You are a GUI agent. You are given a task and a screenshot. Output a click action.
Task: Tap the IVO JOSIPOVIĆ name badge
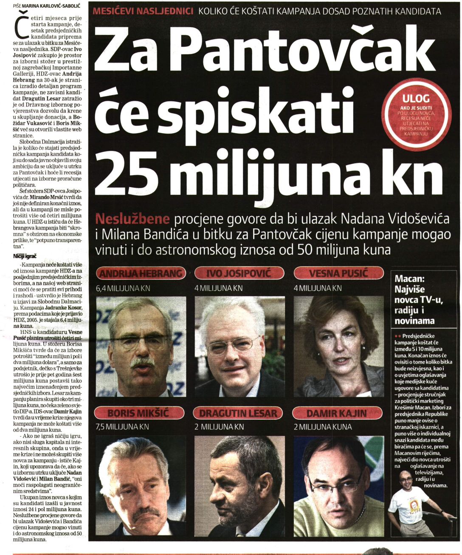238,273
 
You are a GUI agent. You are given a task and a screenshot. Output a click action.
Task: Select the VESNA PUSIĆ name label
338,273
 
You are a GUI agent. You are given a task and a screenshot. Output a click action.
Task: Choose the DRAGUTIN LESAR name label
238,413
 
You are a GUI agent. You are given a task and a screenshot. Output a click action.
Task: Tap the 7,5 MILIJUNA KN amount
122,427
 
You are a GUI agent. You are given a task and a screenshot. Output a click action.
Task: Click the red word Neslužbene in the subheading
133,219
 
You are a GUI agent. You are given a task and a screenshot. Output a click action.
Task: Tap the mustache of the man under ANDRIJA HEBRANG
142,362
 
